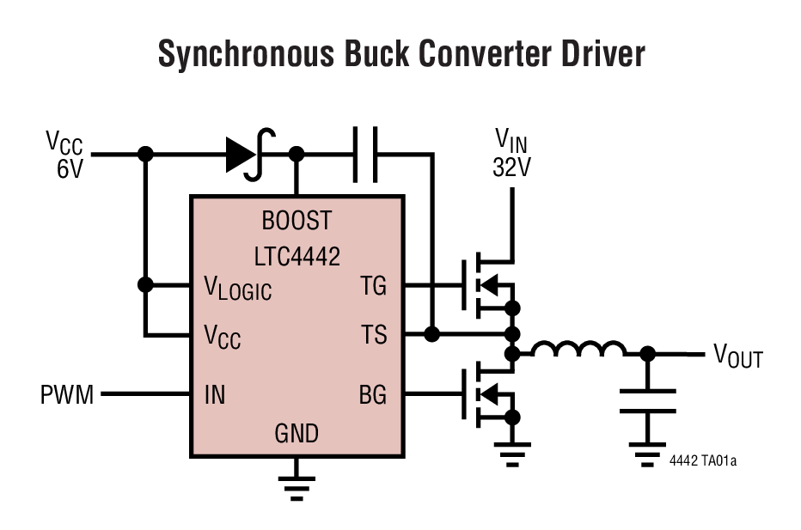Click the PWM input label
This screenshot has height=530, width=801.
pos(67,395)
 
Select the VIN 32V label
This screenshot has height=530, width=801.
pos(511,153)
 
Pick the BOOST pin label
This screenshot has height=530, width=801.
pos(297,222)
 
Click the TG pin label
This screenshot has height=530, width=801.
pos(373,286)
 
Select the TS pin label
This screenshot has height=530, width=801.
pos(374,334)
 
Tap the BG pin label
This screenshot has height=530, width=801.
pos(373,395)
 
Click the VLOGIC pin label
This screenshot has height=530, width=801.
pos(237,289)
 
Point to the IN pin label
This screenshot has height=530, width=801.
pos(214,395)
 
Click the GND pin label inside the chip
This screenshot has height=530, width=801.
pos(297,433)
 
